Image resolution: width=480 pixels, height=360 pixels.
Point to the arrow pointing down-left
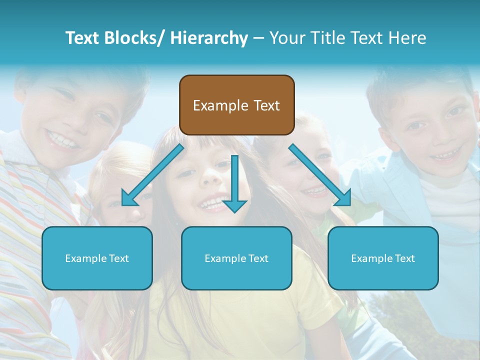click(152, 175)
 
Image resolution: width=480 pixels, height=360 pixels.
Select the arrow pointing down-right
click(320, 175)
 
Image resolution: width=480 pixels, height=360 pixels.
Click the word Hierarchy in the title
click(209, 38)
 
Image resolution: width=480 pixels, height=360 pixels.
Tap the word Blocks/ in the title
click(132, 38)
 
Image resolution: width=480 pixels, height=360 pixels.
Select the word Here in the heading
click(405, 38)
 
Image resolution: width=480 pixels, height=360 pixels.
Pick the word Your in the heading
click(287, 38)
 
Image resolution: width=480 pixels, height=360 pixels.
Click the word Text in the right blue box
click(403, 258)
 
